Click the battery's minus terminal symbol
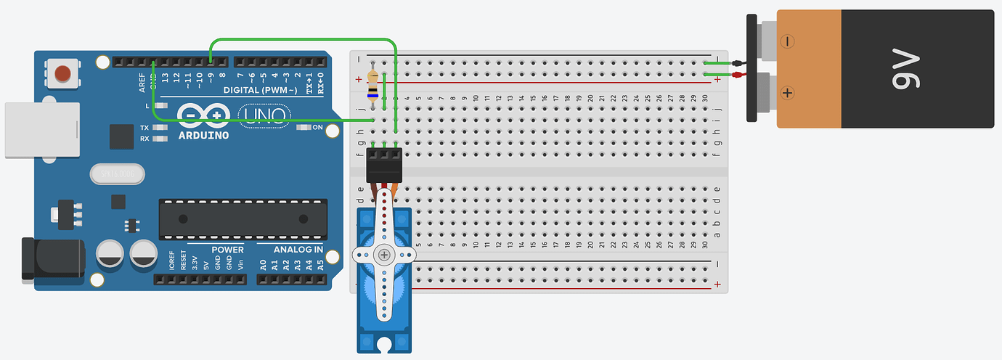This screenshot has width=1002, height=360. coord(786,41)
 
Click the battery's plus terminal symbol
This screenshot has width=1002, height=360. coord(786,92)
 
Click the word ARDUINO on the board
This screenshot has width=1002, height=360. coord(203,135)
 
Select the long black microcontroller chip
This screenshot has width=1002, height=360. coord(240,220)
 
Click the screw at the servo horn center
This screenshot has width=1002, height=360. coord(383,254)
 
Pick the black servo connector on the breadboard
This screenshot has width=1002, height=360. coord(383,165)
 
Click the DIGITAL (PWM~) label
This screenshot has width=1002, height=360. coord(260,90)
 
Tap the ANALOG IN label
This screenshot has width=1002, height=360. coord(298,250)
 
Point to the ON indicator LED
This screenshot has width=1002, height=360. coord(304,128)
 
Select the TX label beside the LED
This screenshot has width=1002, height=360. coord(144,128)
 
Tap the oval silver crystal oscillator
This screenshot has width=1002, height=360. coord(118,174)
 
